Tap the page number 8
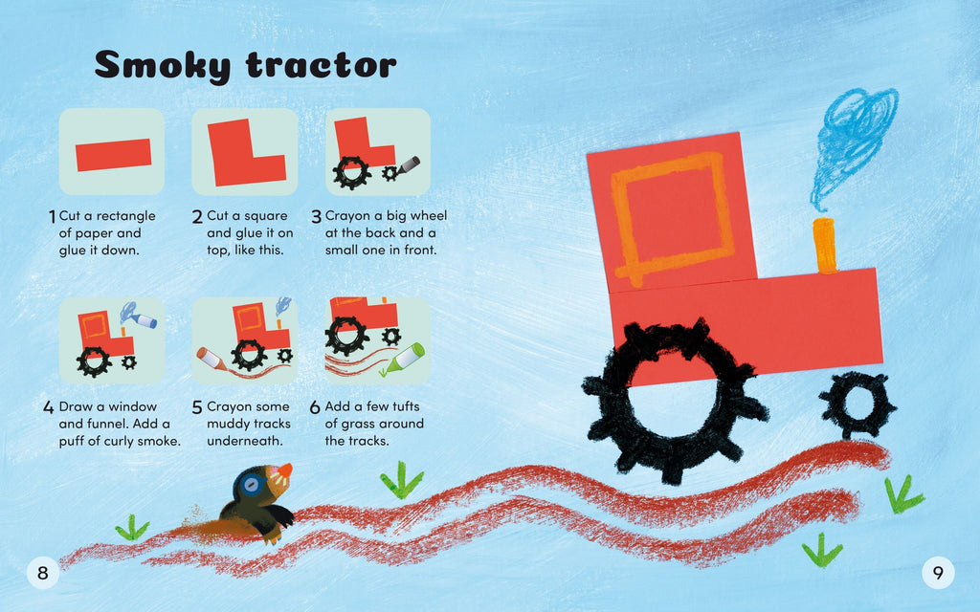(x=42, y=573)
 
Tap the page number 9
(x=938, y=573)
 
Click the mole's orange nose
(x=284, y=470)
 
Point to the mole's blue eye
(x=252, y=485)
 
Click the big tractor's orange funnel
(x=824, y=245)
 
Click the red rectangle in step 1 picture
(x=113, y=154)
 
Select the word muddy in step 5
(x=228, y=424)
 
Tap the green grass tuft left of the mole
(x=132, y=528)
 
